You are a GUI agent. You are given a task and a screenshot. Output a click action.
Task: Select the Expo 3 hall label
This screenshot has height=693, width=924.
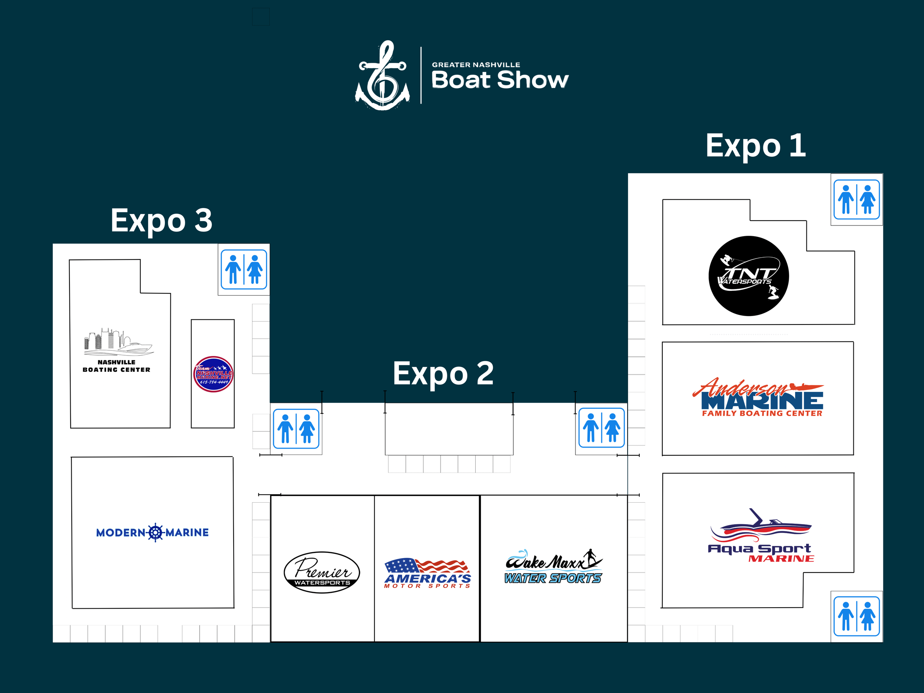click(161, 221)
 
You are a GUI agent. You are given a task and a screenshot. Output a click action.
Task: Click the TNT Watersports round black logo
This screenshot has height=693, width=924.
click(748, 276)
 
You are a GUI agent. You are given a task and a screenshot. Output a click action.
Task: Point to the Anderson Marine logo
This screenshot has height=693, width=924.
click(758, 398)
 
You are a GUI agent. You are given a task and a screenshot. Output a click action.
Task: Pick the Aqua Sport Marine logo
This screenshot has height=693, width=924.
click(760, 537)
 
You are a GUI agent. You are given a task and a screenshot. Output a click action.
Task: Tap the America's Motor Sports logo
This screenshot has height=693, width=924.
click(427, 573)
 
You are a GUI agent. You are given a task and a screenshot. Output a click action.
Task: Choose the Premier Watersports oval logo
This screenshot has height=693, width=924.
click(322, 572)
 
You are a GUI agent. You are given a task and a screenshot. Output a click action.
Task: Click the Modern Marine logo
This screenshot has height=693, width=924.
click(153, 532)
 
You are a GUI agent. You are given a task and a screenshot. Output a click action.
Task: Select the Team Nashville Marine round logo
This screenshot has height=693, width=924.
click(213, 374)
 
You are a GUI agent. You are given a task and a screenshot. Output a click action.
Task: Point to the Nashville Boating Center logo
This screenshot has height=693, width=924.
click(117, 351)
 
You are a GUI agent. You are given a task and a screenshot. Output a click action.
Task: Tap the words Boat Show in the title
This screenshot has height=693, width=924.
click(500, 80)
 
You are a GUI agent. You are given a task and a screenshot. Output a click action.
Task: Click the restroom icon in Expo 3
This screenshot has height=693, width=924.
click(244, 269)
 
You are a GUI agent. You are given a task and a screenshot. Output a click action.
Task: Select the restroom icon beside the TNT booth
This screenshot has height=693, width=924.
click(856, 199)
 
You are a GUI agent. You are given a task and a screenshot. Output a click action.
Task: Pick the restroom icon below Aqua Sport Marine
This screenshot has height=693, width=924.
click(856, 616)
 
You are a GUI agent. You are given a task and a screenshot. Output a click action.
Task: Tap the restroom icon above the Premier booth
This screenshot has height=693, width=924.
click(296, 429)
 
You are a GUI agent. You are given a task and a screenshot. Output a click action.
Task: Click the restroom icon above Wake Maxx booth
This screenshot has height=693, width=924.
click(601, 428)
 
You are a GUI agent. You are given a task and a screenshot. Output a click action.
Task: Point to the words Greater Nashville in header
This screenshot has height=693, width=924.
click(476, 65)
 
